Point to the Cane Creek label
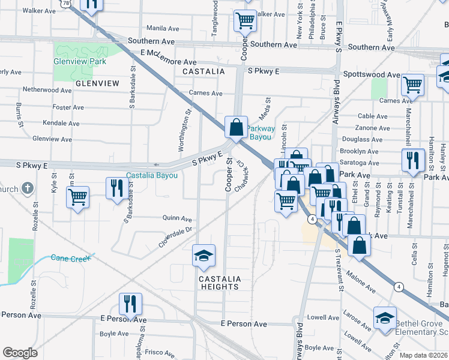tap(70, 257)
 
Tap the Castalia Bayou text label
tap(151, 175)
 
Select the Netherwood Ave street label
tap(47, 90)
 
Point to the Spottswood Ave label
tap(372, 74)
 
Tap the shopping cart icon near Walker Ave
tap(245, 20)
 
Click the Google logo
tap(20, 353)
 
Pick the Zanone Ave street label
tap(374, 128)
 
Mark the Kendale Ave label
tap(61, 123)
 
